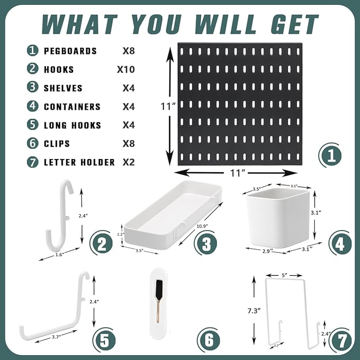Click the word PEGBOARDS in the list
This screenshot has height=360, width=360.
(70, 51)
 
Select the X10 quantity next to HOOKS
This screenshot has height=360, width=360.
(126, 69)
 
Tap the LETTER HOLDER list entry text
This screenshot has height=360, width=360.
(79, 162)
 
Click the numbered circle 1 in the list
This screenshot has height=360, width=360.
(33, 51)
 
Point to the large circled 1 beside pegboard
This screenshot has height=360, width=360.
(330, 156)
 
